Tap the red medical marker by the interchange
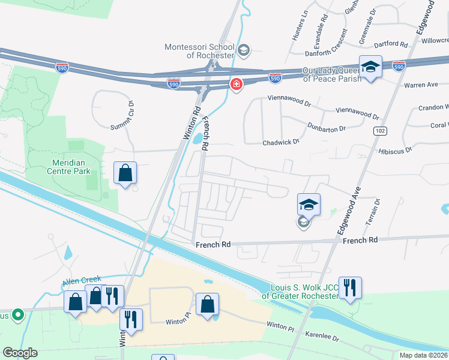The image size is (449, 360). tap(237, 85)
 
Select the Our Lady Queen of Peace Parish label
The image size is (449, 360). tap(332, 74)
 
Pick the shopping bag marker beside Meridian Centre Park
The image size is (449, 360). tap(125, 173)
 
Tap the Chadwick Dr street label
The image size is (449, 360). tap(281, 142)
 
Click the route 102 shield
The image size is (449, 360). tap(381, 131)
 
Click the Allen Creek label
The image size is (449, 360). tap(83, 280)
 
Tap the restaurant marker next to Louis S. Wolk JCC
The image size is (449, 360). tap(349, 287)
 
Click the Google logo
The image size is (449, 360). tap(20, 353)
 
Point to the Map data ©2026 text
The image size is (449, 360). tap(423, 355)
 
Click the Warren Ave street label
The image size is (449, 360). tap(421, 85)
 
